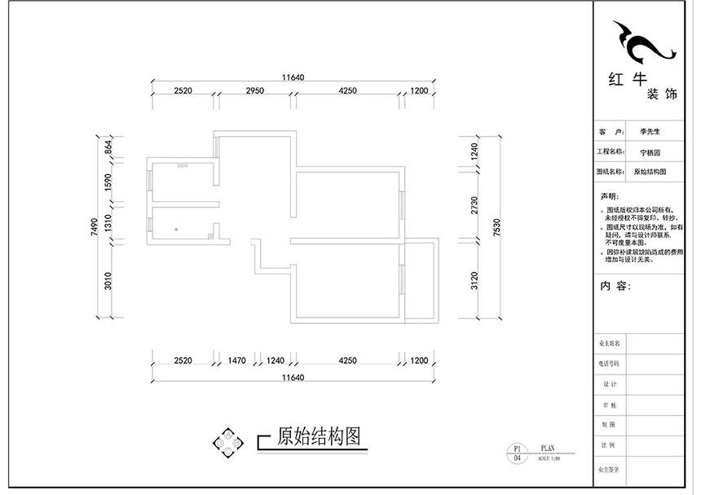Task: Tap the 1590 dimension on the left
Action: (108, 182)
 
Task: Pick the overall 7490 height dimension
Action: (95, 226)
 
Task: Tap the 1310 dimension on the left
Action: (108, 222)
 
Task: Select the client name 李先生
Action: (650, 131)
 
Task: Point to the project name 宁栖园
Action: (650, 151)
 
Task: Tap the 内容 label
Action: (615, 287)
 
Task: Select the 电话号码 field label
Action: (610, 363)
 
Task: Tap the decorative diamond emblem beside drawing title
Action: (228, 440)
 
